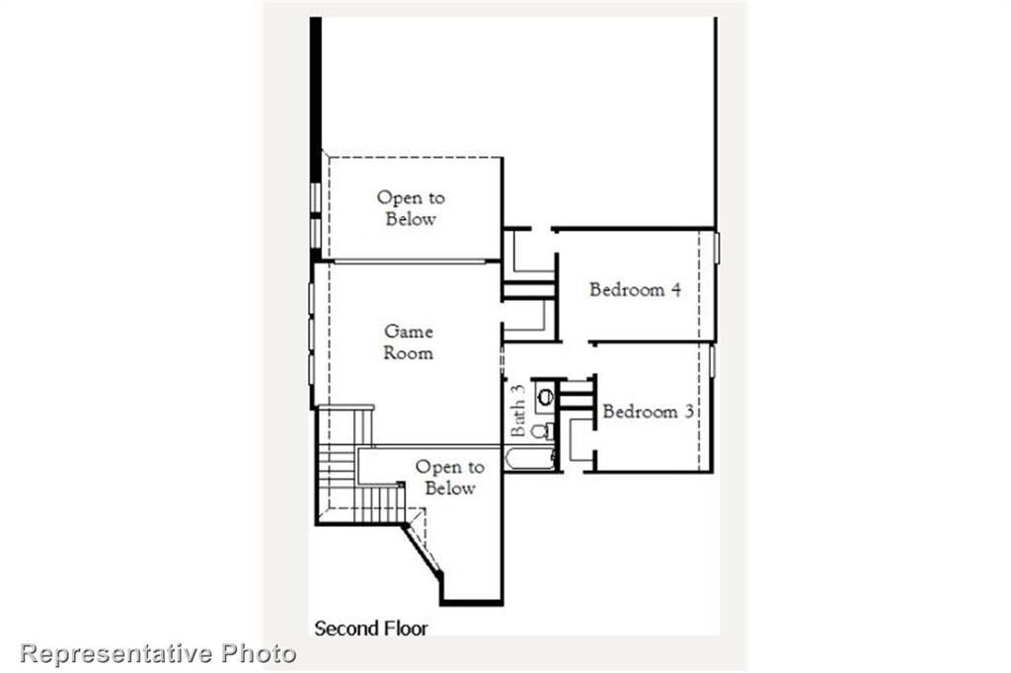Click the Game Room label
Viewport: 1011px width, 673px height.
(409, 341)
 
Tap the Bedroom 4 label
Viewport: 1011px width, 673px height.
(635, 289)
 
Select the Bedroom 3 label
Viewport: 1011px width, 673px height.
(647, 411)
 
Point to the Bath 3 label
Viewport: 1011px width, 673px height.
(518, 411)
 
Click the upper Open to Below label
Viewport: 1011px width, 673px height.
(411, 208)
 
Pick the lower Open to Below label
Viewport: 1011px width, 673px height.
(449, 478)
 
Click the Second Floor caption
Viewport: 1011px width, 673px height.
(371, 628)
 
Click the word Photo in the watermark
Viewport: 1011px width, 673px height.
(259, 652)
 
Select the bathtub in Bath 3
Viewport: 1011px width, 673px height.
(531, 458)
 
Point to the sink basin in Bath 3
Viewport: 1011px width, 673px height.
(545, 397)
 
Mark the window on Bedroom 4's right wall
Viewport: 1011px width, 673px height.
(716, 248)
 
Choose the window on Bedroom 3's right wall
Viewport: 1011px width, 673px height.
(711, 360)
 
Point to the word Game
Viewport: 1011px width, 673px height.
(409, 332)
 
